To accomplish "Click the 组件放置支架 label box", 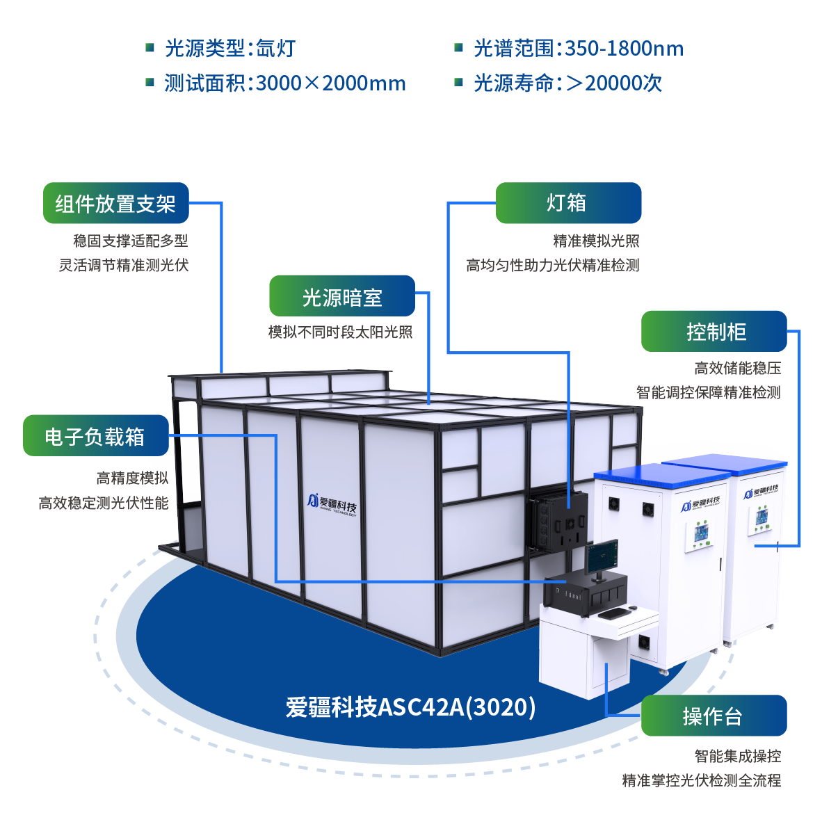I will click(115, 203).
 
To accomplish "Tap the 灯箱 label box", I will click(567, 203).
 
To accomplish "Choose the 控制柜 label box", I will click(714, 331).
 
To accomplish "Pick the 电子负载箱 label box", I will click(95, 436).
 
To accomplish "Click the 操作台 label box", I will click(714, 716).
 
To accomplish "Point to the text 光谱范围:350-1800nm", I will click(578, 49).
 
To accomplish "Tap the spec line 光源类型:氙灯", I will click(229, 49).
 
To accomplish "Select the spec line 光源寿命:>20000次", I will click(567, 83).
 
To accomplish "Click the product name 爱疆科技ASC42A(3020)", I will click(410, 707).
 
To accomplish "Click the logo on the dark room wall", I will click(332, 503).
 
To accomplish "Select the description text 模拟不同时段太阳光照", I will click(341, 332).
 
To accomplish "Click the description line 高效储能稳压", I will click(737, 368).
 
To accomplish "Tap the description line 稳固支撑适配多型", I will click(131, 241).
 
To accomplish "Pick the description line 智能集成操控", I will click(737, 756).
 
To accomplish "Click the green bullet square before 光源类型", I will click(150, 47).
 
